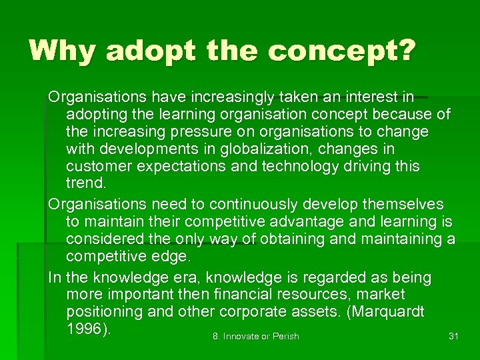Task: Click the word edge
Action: pyautogui.click(x=172, y=257)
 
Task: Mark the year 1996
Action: pyautogui.click(x=84, y=329)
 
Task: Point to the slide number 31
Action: pyautogui.click(x=453, y=336)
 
